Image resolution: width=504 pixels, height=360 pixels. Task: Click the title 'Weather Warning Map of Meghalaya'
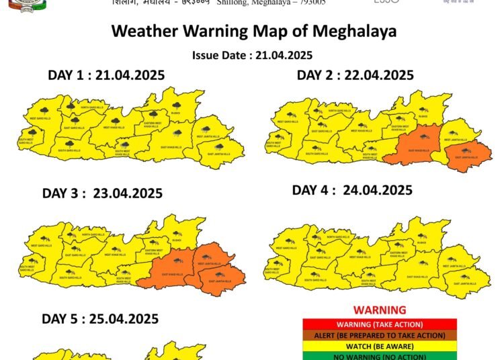[253, 31]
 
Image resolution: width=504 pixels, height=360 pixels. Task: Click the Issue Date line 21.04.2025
[252, 55]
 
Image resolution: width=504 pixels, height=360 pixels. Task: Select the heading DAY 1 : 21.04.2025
[106, 75]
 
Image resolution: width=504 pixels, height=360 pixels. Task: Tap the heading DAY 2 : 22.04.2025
[355, 75]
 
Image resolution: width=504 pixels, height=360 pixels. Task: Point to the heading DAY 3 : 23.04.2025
[102, 193]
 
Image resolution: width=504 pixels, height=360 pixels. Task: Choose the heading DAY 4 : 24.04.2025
[352, 190]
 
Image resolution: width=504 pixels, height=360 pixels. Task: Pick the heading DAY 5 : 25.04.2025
[100, 318]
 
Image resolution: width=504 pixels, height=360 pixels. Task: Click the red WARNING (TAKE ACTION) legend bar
[380, 324]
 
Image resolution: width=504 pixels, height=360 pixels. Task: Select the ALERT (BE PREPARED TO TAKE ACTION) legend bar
[380, 335]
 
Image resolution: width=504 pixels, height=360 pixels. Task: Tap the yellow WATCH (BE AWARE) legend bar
[380, 347]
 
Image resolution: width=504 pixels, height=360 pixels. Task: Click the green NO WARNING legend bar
[380, 356]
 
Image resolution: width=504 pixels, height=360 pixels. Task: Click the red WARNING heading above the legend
[380, 310]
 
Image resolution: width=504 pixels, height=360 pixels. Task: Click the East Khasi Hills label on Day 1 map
[172, 146]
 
